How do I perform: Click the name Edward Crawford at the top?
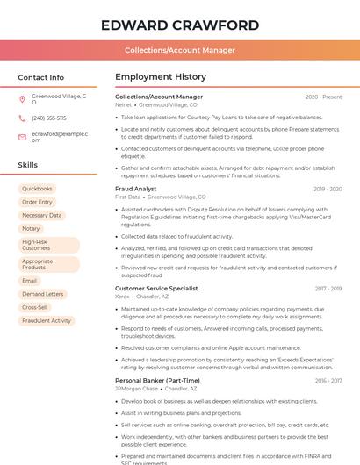(x=180, y=25)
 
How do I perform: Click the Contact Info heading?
(x=41, y=77)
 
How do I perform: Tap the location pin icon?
(x=23, y=99)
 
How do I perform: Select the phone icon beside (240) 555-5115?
(x=23, y=118)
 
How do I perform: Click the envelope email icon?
(x=23, y=136)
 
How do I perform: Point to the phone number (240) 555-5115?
(x=49, y=118)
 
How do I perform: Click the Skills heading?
(x=28, y=165)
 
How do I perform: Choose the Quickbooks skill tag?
(x=38, y=189)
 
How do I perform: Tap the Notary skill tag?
(x=31, y=228)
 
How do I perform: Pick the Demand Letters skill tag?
(x=43, y=294)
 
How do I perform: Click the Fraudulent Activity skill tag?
(x=47, y=320)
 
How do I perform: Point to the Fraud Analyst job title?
(x=136, y=189)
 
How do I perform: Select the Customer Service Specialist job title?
(x=156, y=288)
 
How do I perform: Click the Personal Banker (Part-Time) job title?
(x=157, y=380)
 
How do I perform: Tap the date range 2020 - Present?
(x=323, y=97)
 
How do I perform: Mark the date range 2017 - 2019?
(x=328, y=288)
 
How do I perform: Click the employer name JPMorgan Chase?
(x=136, y=388)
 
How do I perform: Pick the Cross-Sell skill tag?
(x=35, y=307)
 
